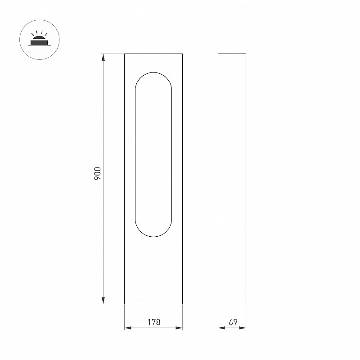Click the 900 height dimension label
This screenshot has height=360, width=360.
click(98, 174)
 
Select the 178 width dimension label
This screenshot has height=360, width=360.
click(153, 322)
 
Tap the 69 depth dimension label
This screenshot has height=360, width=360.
click(233, 322)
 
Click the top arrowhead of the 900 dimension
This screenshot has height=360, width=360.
click(103, 57)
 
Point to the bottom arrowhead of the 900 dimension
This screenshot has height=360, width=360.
click(103, 300)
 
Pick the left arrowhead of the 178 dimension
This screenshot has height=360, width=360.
click(128, 328)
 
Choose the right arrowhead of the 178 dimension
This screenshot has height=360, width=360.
click(179, 328)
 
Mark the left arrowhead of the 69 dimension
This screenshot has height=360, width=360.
click(221, 328)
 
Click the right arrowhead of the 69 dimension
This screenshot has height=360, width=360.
click(243, 328)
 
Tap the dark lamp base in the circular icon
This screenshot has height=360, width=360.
click(39, 43)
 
